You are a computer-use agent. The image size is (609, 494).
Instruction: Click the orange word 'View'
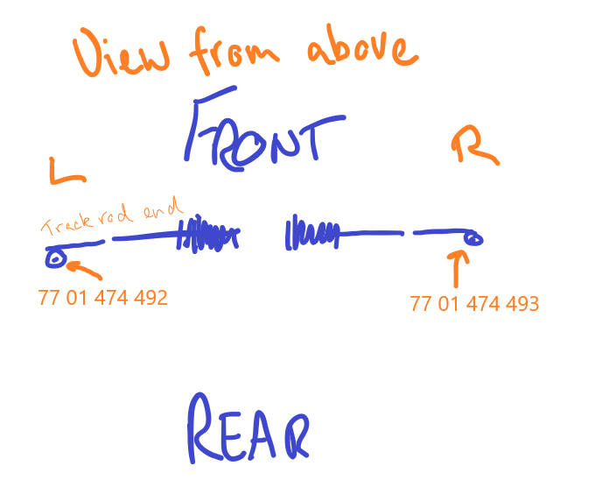pyautogui.click(x=121, y=52)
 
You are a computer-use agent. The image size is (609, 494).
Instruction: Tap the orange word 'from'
pyautogui.click(x=234, y=50)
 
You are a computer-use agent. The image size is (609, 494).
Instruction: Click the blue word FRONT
pyautogui.click(x=264, y=129)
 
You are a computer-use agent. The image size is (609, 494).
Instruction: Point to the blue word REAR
pyautogui.click(x=248, y=428)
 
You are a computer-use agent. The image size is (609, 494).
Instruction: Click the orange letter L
pyautogui.click(x=67, y=171)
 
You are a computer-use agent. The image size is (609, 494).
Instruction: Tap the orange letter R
pyautogui.click(x=475, y=145)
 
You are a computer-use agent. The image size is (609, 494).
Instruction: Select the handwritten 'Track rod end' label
pyautogui.click(x=112, y=216)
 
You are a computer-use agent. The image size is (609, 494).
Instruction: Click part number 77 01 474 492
pyautogui.click(x=103, y=298)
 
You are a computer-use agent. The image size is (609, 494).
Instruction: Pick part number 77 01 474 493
pyautogui.click(x=474, y=304)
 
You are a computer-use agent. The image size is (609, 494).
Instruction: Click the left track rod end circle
pyautogui.click(x=55, y=258)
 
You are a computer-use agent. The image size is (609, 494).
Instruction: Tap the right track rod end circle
pyautogui.click(x=473, y=238)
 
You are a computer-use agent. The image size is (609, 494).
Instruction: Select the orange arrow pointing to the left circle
pyautogui.click(x=84, y=270)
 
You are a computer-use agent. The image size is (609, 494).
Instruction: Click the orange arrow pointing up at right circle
pyautogui.click(x=458, y=269)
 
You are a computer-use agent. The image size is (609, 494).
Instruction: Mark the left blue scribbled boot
pyautogui.click(x=207, y=234)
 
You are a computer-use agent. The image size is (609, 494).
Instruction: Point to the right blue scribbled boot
pyautogui.click(x=312, y=232)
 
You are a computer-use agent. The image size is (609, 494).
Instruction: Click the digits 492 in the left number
pyautogui.click(x=150, y=298)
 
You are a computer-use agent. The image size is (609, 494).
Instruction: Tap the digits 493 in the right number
pyautogui.click(x=522, y=304)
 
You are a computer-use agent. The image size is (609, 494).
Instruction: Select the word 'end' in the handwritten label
pyautogui.click(x=163, y=208)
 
